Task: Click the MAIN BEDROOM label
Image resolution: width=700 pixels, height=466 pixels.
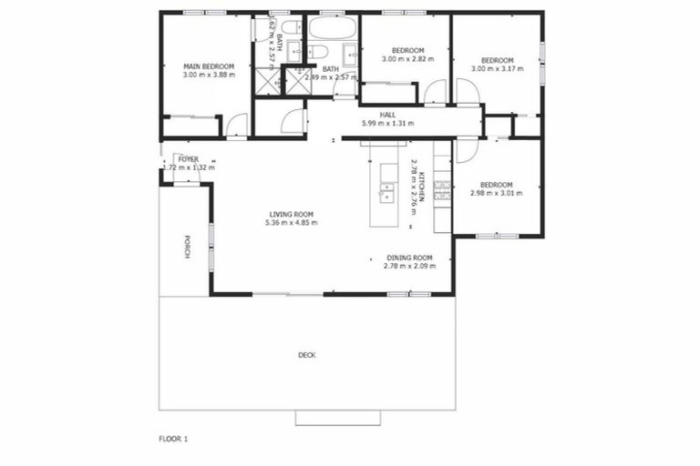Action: pos(209,66)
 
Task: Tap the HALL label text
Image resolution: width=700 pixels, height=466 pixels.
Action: pos(387,115)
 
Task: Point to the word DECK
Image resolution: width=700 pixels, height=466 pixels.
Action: pos(306,355)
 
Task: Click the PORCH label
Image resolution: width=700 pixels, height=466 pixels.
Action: pos(187,247)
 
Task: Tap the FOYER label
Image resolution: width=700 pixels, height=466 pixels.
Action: pos(189,159)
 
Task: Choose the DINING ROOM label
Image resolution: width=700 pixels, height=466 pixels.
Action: pos(409,257)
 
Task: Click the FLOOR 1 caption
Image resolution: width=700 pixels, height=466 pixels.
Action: pos(172,439)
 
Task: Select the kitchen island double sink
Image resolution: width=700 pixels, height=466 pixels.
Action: pos(386,192)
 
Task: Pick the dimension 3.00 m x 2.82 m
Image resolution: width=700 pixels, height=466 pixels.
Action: pos(407,59)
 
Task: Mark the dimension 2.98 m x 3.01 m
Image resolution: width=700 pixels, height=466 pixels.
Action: pos(497,193)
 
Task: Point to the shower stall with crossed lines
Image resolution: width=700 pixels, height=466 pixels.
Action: pos(270,82)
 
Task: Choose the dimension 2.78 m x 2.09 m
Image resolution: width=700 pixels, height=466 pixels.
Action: pos(409,266)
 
